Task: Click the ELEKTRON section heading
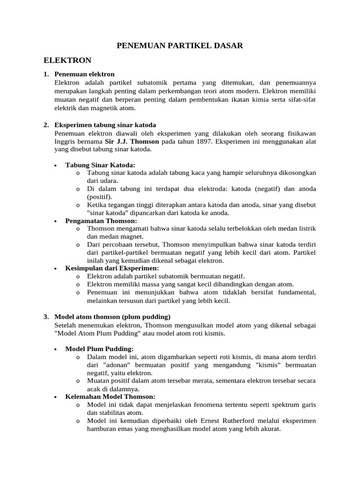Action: pos(67,60)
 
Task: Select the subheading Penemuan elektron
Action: pos(84,74)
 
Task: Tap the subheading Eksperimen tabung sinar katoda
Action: pos(105,125)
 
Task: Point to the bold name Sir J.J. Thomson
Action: pos(133,141)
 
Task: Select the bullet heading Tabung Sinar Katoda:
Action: pos(100,165)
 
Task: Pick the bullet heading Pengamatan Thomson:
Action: pos(101,220)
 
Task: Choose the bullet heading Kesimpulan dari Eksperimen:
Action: pos(112,268)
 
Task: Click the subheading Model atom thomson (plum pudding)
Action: pos(112,316)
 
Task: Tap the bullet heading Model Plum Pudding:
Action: pos(99,349)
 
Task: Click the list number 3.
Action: pos(46,316)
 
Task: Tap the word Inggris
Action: pos(65,141)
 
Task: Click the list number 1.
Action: pos(46,74)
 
